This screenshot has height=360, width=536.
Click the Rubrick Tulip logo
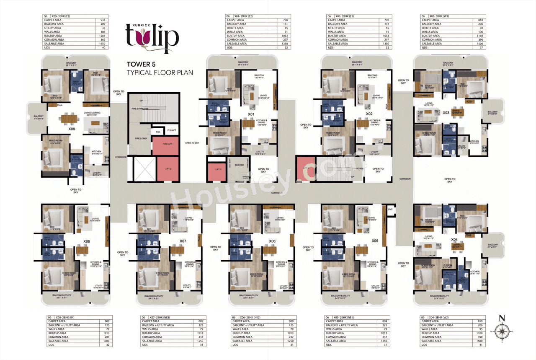tap(152, 36)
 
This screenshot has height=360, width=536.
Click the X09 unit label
tap(72, 129)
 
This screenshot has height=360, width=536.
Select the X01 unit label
tap(251, 113)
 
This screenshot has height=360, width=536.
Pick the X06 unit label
tap(273, 241)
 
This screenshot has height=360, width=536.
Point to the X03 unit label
tap(446, 112)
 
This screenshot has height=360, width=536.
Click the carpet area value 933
tap(103, 20)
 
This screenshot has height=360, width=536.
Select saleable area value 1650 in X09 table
tap(103, 44)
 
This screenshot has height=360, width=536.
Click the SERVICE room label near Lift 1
tap(239, 165)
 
